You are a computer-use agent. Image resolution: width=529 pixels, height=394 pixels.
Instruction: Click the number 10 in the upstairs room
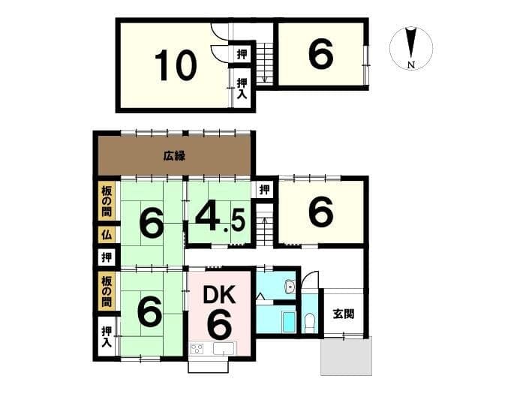pos(176,65)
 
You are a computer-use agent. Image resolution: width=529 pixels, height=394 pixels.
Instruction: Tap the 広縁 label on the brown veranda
pos(174,156)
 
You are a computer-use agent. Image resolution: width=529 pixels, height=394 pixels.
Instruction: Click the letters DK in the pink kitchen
pos(219,295)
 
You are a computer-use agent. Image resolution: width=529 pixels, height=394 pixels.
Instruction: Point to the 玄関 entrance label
pos(344,314)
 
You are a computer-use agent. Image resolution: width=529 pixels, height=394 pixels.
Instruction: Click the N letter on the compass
pos(411,65)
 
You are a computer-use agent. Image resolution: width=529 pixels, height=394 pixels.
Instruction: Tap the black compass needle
pos(410,43)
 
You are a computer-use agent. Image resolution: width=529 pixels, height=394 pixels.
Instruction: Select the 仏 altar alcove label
pos(107,234)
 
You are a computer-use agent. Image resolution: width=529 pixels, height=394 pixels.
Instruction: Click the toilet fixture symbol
pos(309,322)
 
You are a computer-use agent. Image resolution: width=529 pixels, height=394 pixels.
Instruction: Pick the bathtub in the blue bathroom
pos(288,322)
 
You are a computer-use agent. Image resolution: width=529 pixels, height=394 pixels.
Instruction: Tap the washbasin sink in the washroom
pos(290,287)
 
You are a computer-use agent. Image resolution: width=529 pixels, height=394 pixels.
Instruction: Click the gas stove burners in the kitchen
pos(197,348)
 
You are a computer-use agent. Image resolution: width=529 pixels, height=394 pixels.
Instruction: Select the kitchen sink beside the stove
pos(224,348)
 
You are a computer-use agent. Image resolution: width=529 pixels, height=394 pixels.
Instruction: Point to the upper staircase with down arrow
pos(265,63)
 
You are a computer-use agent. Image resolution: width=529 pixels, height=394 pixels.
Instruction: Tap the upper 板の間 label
pos(107,201)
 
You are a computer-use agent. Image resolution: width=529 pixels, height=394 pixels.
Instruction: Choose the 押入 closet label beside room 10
pos(242,88)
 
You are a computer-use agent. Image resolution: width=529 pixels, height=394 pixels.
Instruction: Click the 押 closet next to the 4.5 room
pos(264,190)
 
